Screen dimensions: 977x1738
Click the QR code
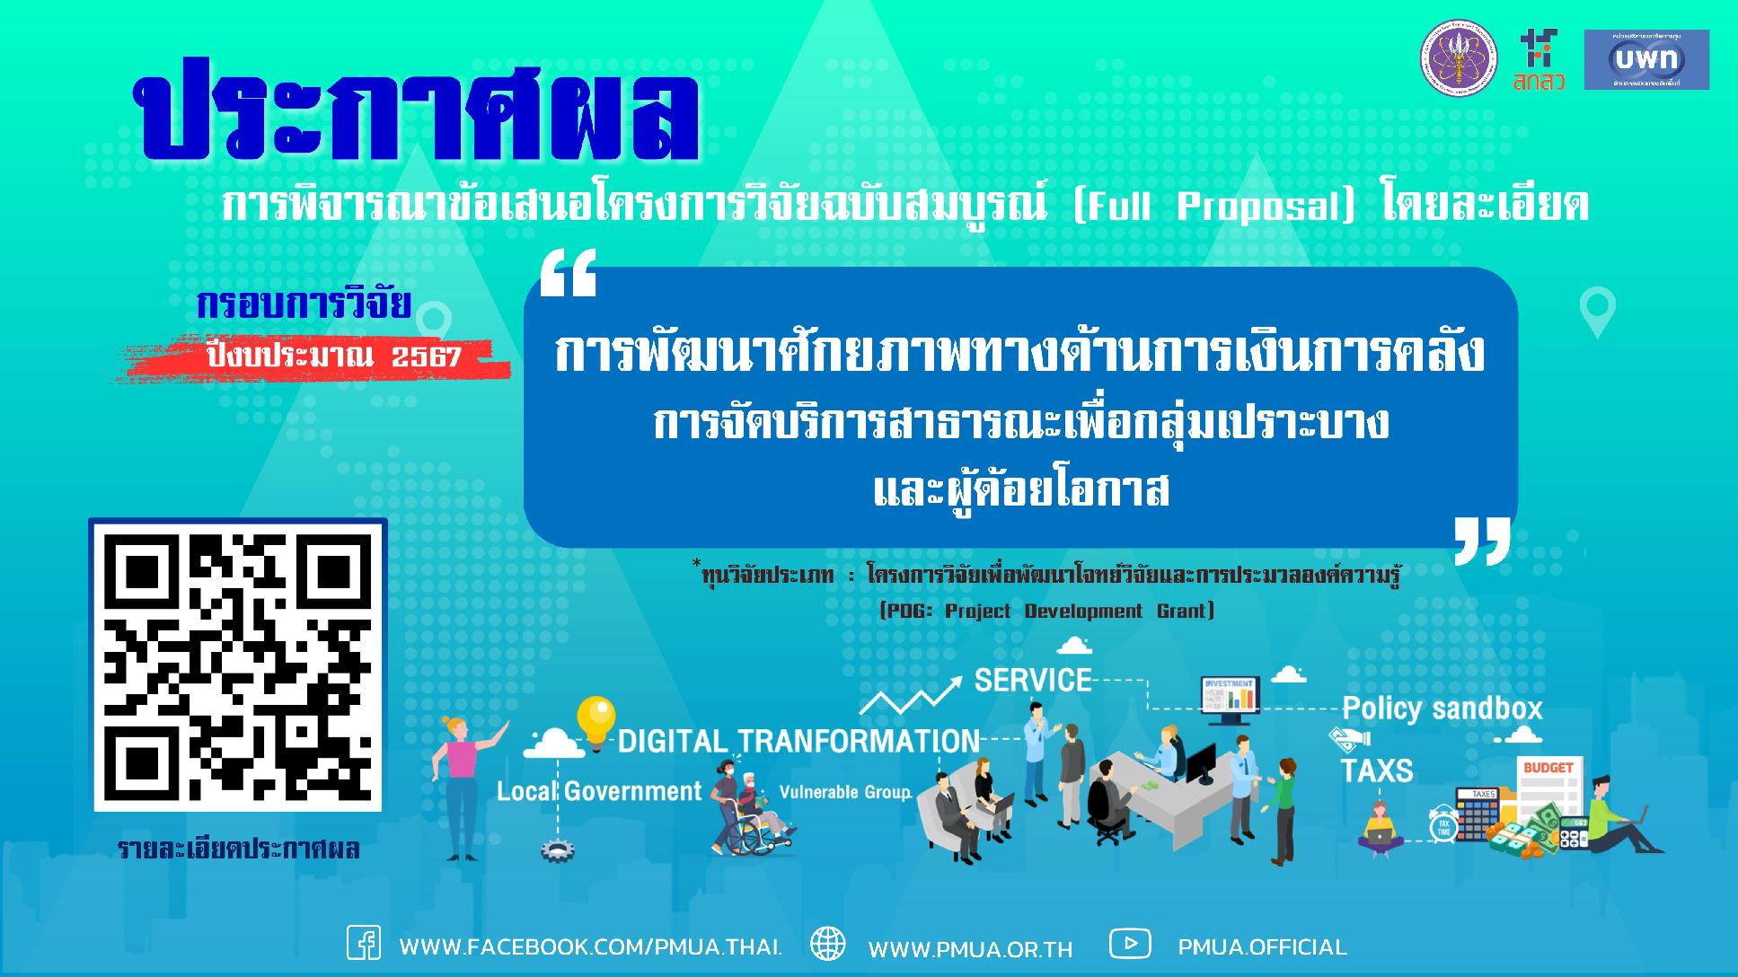point(238,665)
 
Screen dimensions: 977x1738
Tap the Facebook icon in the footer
point(363,944)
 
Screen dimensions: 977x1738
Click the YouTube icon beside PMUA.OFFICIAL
point(1130,944)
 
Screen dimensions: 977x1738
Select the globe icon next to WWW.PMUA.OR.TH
point(827,945)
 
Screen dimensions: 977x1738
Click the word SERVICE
point(1033,680)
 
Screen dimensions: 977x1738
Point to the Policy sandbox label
point(1442,709)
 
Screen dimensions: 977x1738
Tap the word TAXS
point(1376,770)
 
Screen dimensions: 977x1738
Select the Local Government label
point(599,791)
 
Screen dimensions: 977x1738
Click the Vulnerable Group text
point(844,793)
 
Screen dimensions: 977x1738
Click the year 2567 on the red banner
point(427,357)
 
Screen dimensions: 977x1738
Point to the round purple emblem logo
point(1458,60)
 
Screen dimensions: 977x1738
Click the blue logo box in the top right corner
point(1645,59)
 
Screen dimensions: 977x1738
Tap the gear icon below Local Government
point(557,849)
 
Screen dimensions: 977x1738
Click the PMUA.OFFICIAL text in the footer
point(1262,947)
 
